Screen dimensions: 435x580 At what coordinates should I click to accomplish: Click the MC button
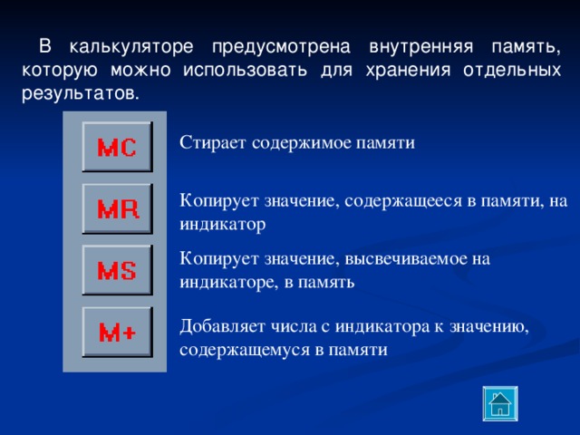(x=117, y=147)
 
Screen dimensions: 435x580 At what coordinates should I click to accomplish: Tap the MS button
(x=117, y=270)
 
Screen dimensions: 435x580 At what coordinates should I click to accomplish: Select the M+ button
(x=117, y=332)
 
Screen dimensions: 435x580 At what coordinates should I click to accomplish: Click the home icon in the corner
(x=498, y=404)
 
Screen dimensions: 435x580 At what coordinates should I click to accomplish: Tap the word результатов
(x=79, y=93)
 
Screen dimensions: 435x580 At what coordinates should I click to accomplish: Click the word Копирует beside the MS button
(x=214, y=259)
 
